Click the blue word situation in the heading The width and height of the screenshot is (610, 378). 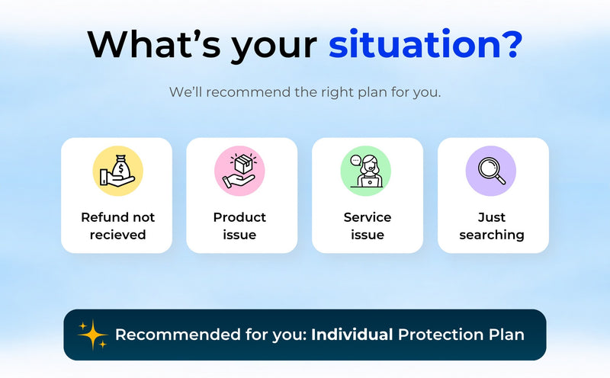click(414, 44)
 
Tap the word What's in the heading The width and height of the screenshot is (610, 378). click(155, 44)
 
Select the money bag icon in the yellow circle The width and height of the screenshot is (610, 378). click(117, 171)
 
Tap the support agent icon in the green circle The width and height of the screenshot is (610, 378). click(366, 171)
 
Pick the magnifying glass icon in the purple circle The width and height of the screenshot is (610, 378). click(492, 171)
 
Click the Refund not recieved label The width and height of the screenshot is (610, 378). click(117, 226)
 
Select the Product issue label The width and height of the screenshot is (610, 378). click(239, 226)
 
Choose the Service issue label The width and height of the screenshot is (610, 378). click(368, 226)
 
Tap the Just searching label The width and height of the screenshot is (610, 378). click(492, 226)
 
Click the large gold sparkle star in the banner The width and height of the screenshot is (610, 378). click(92, 335)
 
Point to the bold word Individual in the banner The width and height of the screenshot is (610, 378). click(352, 335)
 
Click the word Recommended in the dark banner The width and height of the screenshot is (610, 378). click(178, 335)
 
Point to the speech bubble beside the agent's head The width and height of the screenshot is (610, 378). click(355, 160)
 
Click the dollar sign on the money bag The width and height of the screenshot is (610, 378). click(121, 169)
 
